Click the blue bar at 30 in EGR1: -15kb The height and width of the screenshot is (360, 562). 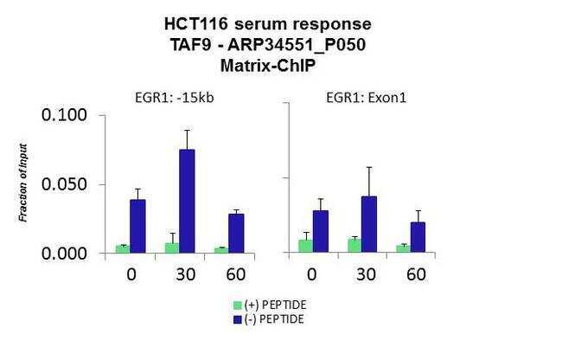point(187,201)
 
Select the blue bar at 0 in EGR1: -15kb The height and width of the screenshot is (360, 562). point(137,226)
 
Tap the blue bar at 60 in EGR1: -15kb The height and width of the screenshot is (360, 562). point(236,234)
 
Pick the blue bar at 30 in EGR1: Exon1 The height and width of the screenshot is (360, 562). point(369,224)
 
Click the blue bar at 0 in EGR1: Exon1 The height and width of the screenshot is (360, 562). point(321,231)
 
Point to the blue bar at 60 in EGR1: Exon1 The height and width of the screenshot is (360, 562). point(418,237)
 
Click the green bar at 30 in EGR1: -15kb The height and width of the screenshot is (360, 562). point(172,247)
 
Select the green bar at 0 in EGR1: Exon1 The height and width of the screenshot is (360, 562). point(306,246)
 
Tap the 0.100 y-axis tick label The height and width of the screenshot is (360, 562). point(65,115)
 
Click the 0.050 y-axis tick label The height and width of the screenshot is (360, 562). point(65,184)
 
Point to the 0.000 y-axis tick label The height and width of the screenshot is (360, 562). point(65,254)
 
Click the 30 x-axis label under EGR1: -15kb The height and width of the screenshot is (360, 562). point(186,274)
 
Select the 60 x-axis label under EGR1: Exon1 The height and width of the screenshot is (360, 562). point(417,274)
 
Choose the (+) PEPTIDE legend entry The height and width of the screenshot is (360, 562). point(270,305)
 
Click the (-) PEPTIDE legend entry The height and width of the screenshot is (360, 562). point(269,319)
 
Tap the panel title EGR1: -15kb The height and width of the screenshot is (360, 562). point(175,98)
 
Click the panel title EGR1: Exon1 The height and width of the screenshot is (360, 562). point(367,98)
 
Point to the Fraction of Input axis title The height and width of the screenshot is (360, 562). point(23,183)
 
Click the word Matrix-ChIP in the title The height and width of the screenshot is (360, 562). point(268,66)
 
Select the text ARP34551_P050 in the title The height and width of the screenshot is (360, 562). point(297,45)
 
